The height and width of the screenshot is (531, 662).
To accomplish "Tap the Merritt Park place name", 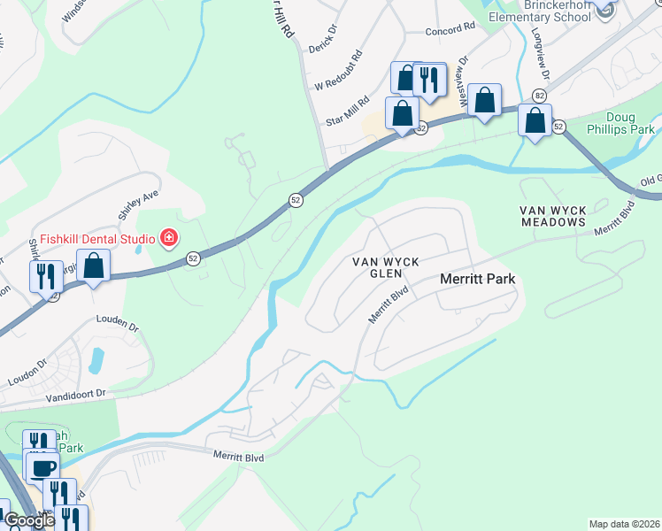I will (x=478, y=279).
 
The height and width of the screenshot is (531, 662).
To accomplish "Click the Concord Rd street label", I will (x=450, y=28).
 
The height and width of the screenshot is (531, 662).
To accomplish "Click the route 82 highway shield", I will (x=539, y=96).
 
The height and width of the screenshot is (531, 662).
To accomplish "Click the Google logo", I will (x=28, y=520).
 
